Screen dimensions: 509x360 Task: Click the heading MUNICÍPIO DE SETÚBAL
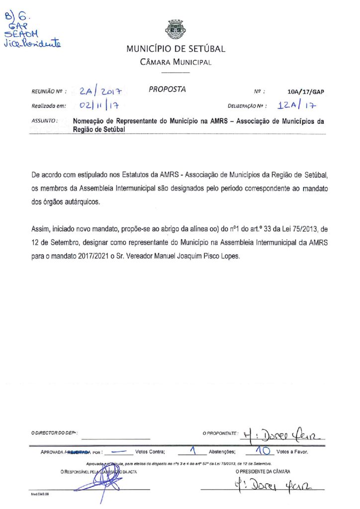click(x=176, y=49)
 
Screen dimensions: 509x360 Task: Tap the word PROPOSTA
click(x=167, y=89)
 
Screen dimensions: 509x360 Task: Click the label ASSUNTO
click(x=45, y=121)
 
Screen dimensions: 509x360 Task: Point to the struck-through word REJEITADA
click(x=79, y=452)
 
